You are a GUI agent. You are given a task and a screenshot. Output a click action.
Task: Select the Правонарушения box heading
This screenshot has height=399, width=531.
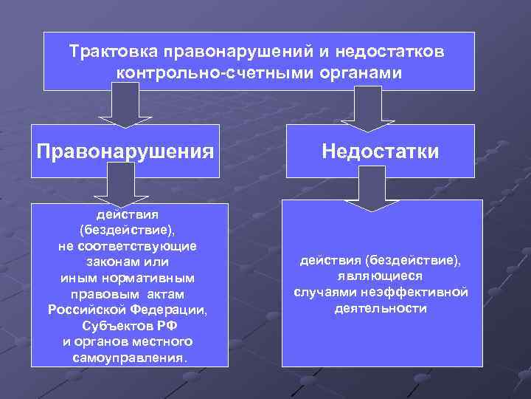coord(125,151)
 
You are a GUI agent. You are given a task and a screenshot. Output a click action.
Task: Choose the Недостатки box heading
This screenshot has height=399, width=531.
coord(380,151)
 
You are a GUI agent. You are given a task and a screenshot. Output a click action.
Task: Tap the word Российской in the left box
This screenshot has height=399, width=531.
coord(83,309)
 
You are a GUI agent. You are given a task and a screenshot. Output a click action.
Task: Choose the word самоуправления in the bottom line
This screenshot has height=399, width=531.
coord(130,357)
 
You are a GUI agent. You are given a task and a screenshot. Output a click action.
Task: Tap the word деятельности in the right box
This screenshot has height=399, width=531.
coord(380,307)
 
